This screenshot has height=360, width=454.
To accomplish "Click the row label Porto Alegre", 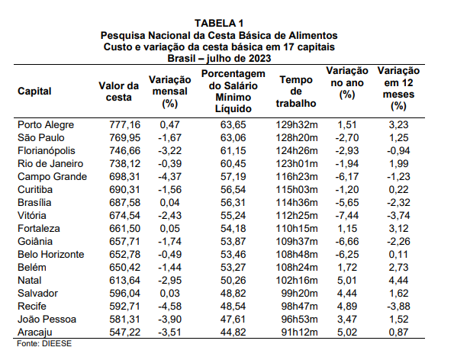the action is tap(46, 125).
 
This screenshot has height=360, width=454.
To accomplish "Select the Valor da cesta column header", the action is tap(118, 92).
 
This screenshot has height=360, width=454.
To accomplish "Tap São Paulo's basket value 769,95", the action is tap(124, 138).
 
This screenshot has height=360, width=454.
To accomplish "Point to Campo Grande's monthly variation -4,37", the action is tap(169, 176).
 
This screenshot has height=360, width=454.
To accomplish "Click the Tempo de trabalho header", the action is tap(296, 92).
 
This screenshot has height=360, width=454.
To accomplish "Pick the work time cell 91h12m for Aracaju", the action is tap(299, 333).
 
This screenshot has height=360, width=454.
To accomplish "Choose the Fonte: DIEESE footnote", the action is tap(44, 344).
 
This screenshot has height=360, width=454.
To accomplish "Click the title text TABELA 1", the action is tap(219, 23).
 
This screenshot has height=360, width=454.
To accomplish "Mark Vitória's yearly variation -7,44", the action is tap(347, 216).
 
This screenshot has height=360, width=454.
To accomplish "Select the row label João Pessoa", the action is tap(47, 320).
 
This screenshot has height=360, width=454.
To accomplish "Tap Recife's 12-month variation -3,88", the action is tap(398, 306).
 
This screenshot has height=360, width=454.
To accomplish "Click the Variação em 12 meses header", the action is tap(398, 88).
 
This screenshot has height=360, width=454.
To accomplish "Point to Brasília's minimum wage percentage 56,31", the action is tap(233, 203).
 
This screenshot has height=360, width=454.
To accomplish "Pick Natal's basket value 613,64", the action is tap(124, 281).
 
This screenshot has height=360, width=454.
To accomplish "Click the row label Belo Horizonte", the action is tap(51, 255).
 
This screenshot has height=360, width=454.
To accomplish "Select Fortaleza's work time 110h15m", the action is tap(297, 229).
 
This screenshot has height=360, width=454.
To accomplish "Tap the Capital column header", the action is tap(34, 92).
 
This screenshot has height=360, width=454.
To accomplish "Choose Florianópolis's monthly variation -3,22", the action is tap(169, 151).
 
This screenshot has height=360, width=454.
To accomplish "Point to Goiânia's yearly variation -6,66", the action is tap(347, 241).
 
